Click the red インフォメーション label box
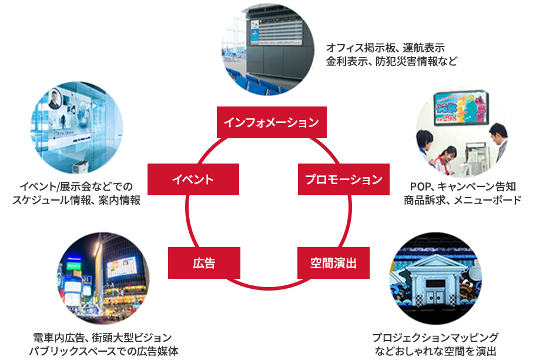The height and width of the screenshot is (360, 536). [272, 122]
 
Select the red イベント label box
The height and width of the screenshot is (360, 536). [193, 179]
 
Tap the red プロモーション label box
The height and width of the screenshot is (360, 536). [343, 179]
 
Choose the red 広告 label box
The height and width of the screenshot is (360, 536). [204, 262]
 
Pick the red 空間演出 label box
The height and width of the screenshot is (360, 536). [333, 262]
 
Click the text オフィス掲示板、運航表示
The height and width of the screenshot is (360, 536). [385, 48]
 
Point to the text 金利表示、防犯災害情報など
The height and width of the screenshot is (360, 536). [391, 61]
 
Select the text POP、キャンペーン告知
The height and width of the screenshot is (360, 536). [463, 187]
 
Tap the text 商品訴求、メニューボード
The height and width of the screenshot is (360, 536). [463, 200]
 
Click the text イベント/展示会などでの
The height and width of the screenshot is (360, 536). [76, 187]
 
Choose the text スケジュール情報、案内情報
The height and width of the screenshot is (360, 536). [76, 200]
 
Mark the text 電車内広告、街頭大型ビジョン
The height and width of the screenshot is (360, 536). [103, 338]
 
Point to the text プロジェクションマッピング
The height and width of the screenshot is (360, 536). [435, 338]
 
